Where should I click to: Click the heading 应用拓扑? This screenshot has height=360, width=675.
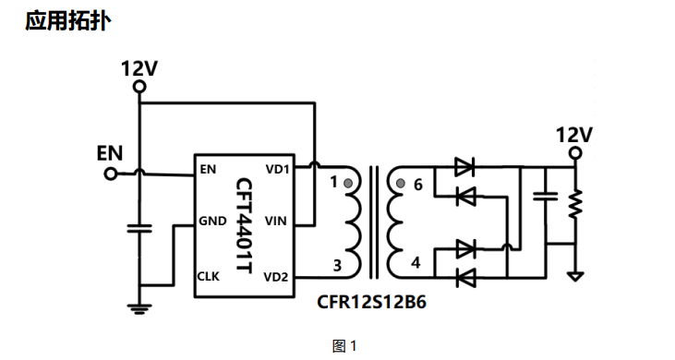click(68, 20)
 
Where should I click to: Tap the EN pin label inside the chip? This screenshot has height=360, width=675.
click(208, 170)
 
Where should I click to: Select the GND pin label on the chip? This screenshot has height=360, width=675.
click(212, 221)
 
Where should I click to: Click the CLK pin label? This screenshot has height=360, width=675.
click(209, 276)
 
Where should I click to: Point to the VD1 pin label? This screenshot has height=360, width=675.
click(277, 170)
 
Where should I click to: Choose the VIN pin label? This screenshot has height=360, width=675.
click(275, 221)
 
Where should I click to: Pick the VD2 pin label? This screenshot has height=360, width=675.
click(275, 278)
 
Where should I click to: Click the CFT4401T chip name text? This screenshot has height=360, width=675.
click(244, 225)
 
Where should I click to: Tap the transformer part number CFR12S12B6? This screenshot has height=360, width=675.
click(371, 302)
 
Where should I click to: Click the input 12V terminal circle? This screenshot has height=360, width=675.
click(139, 88)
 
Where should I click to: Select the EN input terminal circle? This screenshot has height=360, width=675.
click(111, 174)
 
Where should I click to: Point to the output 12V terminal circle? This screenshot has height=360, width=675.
click(575, 153)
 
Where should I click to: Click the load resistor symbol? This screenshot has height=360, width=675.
click(575, 203)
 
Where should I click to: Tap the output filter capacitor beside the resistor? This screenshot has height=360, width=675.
click(546, 197)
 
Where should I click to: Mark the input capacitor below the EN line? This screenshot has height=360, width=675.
click(139, 228)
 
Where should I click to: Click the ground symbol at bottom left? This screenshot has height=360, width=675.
click(139, 309)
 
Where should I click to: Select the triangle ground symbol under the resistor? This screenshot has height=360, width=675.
click(575, 277)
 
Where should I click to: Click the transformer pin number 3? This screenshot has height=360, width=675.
click(338, 265)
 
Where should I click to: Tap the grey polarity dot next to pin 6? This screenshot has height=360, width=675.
click(401, 184)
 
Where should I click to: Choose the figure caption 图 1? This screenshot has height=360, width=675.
click(344, 346)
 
